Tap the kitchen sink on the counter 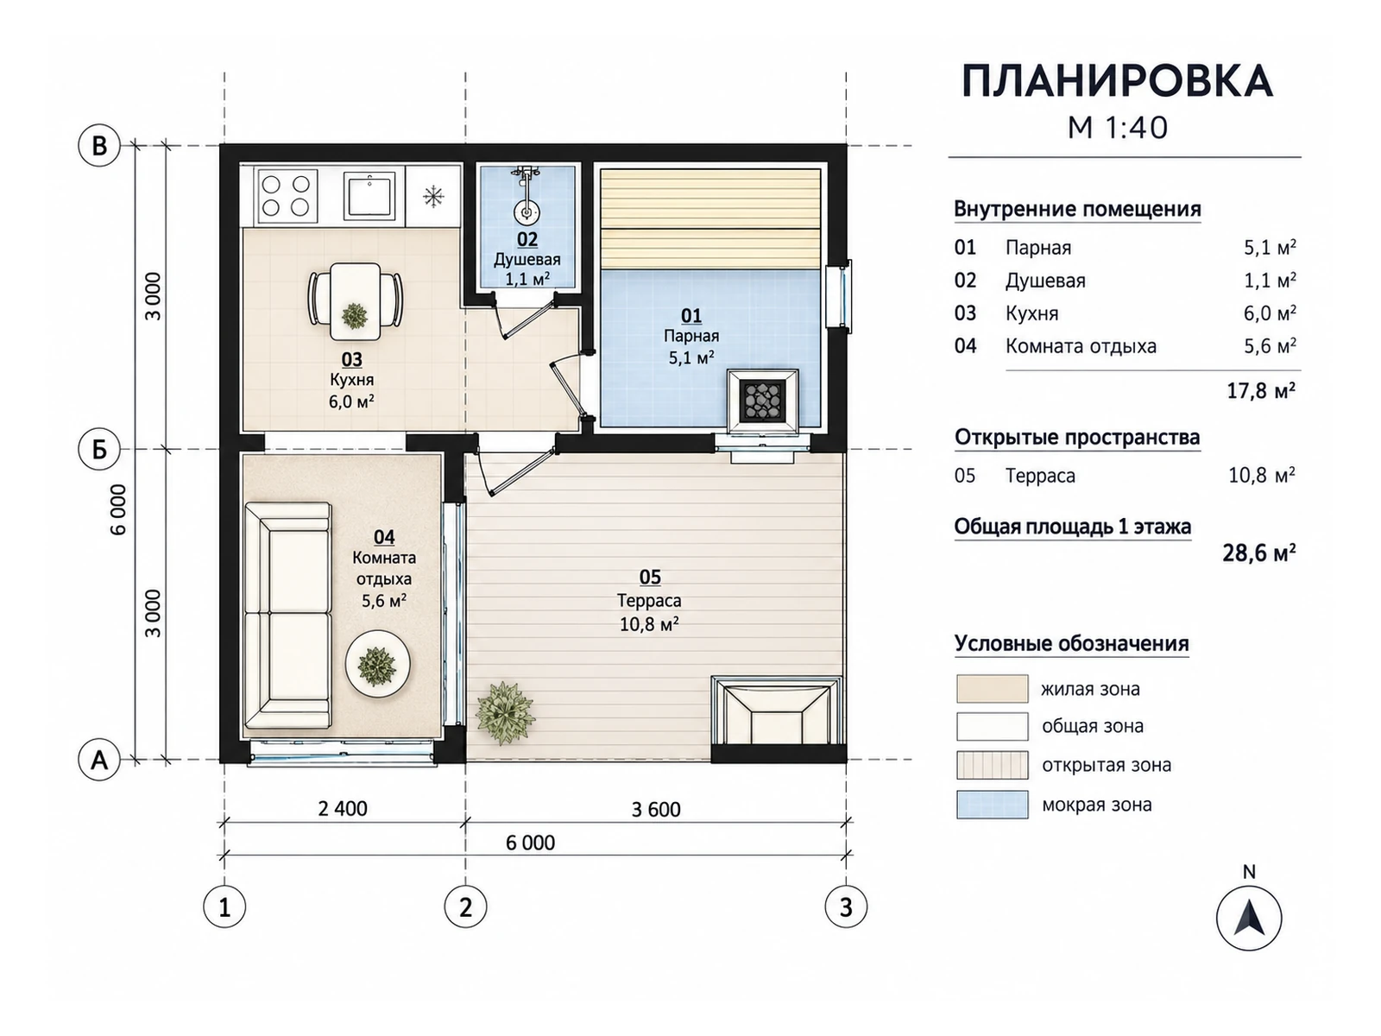(369, 196)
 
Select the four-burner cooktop (286, 196)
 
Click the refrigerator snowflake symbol (433, 196)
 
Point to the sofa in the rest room (288, 616)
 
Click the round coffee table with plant (377, 664)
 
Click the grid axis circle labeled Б (98, 449)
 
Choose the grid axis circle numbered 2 (465, 907)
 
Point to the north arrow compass (1249, 918)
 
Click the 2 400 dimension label (343, 808)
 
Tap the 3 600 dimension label (656, 809)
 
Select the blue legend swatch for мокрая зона (993, 805)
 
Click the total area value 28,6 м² (1259, 553)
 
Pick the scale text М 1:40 (1118, 128)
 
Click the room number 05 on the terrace (650, 577)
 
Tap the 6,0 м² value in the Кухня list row (1270, 313)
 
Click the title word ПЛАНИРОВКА (1118, 82)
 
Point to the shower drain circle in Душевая (526, 212)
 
